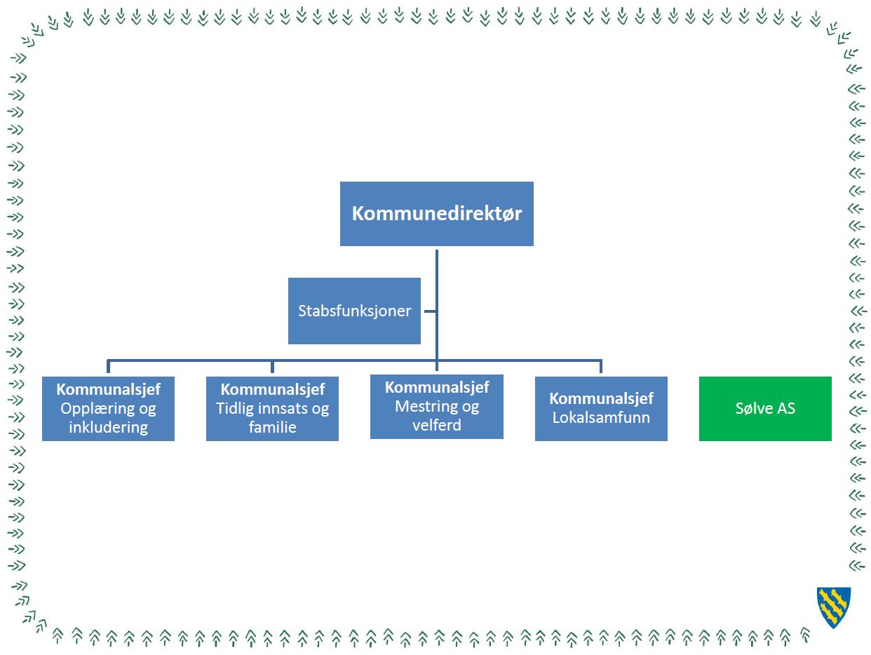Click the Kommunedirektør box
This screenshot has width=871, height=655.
tap(436, 214)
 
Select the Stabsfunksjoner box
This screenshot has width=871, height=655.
tap(354, 311)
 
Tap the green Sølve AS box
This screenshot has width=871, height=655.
tap(765, 409)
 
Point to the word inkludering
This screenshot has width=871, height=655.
tap(108, 427)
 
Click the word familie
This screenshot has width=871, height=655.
tap(273, 427)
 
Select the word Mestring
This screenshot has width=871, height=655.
tap(424, 406)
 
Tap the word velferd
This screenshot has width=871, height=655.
tap(437, 425)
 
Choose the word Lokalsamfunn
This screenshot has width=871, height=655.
tap(601, 417)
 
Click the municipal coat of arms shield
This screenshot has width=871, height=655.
tap(834, 607)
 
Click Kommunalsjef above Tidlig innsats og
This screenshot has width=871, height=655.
tap(273, 390)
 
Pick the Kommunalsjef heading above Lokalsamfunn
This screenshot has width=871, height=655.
tap(601, 399)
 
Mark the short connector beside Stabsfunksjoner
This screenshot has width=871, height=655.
tap(430, 311)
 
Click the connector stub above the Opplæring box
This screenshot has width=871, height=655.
tap(108, 366)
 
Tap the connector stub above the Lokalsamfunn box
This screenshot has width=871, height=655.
tap(601, 366)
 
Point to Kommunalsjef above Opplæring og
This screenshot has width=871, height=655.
tap(108, 390)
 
